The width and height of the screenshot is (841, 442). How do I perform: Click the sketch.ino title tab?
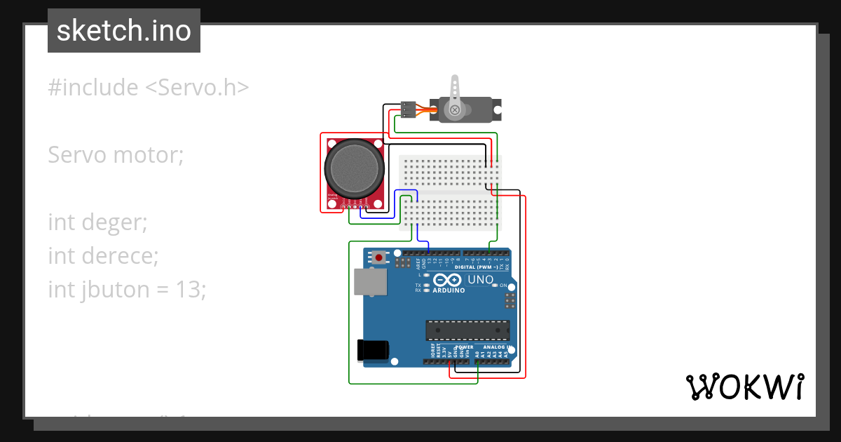(124, 31)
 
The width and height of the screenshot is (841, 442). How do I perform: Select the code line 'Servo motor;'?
(116, 154)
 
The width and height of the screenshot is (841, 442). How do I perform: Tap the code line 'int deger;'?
(97, 222)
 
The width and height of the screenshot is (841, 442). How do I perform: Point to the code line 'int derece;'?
(103, 255)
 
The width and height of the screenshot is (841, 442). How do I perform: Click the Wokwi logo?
(744, 387)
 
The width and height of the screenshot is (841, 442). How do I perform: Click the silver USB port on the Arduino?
(371, 281)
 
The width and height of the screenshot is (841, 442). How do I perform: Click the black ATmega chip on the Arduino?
(468, 330)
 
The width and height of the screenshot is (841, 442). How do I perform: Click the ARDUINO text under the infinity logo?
(449, 290)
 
